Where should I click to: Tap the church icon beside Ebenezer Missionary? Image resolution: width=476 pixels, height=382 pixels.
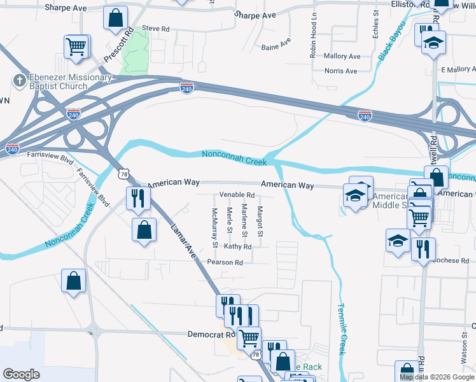pos(18,81)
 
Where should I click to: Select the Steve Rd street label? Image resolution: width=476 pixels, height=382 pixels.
pos(156,29)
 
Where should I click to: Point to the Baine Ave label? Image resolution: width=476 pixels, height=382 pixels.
pos(276,45)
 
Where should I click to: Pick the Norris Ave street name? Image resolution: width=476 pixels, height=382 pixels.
pos(341,71)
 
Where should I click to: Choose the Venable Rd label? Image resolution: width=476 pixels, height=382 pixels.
pos(237,195)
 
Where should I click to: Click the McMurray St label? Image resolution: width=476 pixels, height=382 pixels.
pos(215,227)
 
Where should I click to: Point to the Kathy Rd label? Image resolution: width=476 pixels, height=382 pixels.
pos(238,246)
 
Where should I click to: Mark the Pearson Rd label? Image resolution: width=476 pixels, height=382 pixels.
pos(225,262)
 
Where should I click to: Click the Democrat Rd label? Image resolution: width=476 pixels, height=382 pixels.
pos(211,334)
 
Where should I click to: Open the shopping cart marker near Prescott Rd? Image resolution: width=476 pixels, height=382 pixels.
pos(76,46)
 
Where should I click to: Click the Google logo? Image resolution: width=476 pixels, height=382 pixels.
pos(21,374)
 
